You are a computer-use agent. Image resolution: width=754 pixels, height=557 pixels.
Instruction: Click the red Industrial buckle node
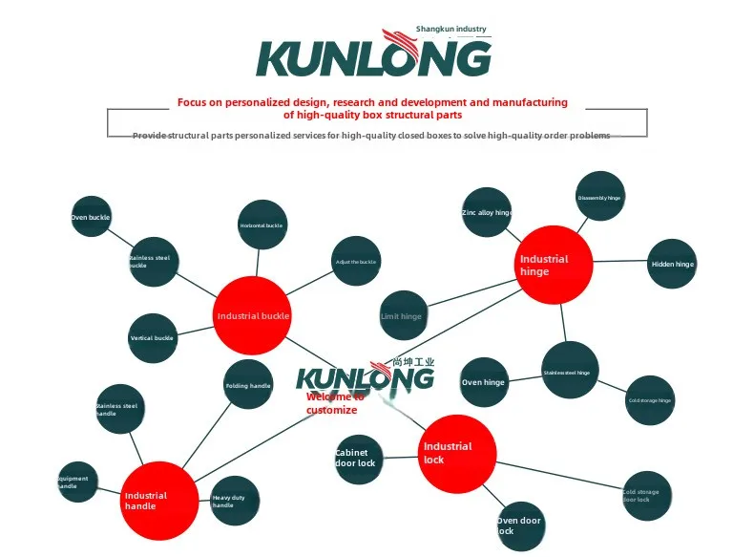(251, 315)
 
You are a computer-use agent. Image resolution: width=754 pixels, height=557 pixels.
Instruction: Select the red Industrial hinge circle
(555, 265)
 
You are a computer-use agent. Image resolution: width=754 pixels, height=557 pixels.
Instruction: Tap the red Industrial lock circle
(458, 454)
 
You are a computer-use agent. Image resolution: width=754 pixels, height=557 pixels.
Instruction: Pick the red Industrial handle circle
(159, 500)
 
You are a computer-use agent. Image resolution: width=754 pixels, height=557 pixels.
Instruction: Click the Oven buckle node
(92, 218)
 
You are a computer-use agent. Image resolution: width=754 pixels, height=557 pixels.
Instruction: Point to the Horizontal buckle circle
(262, 225)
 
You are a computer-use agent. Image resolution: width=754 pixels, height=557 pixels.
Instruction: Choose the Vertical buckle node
(153, 338)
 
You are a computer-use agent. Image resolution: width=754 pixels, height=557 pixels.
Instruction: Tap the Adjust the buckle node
(356, 262)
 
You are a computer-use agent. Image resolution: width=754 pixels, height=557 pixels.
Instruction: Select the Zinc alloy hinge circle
(487, 212)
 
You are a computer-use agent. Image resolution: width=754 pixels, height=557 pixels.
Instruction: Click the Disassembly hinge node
(600, 197)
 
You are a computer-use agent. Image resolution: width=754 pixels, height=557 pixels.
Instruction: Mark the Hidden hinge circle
(672, 264)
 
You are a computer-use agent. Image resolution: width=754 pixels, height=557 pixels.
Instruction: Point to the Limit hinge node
(402, 316)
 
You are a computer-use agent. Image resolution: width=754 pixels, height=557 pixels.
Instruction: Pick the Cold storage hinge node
(650, 400)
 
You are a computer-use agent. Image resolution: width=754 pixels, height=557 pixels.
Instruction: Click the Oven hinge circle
(484, 382)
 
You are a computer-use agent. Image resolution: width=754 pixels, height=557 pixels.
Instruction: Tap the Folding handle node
(248, 386)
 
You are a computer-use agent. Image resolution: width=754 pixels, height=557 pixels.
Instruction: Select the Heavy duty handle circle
(235, 501)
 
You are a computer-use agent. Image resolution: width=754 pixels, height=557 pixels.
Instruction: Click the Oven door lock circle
(521, 525)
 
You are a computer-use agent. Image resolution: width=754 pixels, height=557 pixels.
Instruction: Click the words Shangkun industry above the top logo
(451, 30)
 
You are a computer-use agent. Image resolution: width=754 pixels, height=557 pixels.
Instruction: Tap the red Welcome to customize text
(333, 403)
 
